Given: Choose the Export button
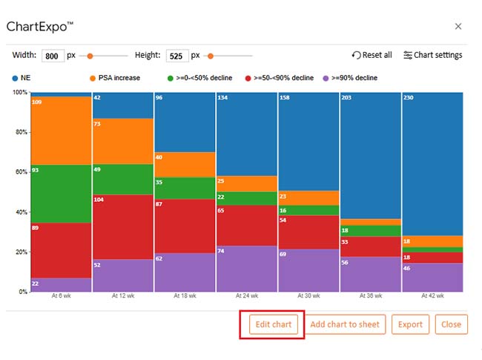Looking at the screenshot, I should (x=410, y=324).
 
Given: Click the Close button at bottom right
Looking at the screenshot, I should (x=451, y=324).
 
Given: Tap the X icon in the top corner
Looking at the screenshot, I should (x=458, y=26).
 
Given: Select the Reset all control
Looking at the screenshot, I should (x=372, y=55).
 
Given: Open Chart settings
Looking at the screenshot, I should (x=433, y=55).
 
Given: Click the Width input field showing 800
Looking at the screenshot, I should (x=53, y=56).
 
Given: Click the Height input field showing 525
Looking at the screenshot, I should (x=178, y=56).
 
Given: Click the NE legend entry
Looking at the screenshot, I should (x=25, y=77).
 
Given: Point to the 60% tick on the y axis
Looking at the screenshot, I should (x=20, y=172).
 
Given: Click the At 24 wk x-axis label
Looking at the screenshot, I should (x=246, y=296).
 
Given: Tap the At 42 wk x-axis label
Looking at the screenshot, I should (x=432, y=296).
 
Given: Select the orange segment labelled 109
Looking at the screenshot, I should (x=61, y=131).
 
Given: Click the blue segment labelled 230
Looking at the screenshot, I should (x=432, y=163).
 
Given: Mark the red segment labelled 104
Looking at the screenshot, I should (x=122, y=226).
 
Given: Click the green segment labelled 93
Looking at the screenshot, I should (x=61, y=194).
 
